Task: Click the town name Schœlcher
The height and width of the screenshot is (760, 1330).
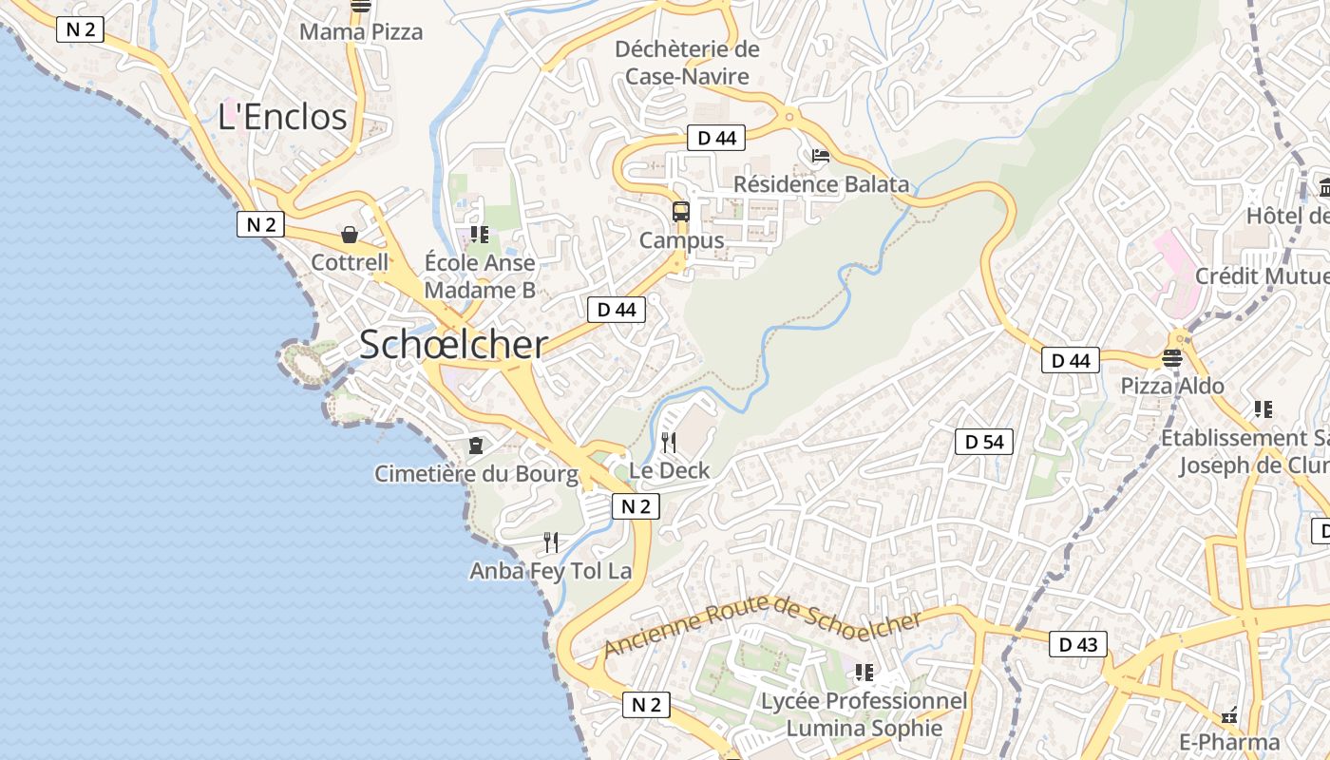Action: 453,345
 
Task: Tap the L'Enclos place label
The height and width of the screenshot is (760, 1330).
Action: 282,117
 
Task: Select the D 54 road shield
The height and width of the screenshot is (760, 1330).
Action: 984,442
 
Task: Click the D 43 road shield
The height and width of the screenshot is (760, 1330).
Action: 1078,644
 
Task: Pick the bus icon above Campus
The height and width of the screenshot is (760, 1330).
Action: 681,212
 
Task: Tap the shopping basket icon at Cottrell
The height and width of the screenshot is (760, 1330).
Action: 350,235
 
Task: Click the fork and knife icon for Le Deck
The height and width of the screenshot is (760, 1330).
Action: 669,442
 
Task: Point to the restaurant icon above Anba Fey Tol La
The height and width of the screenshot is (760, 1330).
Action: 551,542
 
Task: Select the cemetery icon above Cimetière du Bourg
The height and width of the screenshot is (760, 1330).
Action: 476,445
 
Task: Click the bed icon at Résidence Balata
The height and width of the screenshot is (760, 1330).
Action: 821,156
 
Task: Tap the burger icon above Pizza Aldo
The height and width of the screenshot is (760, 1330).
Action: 1171,358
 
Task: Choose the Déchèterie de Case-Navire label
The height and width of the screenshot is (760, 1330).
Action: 687,63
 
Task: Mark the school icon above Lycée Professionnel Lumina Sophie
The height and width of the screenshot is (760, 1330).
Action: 864,673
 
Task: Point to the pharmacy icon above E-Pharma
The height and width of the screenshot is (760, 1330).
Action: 1229,713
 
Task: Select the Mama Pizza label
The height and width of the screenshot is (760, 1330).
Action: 361,31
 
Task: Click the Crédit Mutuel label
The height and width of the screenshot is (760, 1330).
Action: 1262,275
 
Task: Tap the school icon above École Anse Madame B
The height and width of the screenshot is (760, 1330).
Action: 480,234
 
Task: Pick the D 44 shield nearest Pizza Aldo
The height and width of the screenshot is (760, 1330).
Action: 1071,360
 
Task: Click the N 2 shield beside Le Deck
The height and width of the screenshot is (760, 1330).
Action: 636,506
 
